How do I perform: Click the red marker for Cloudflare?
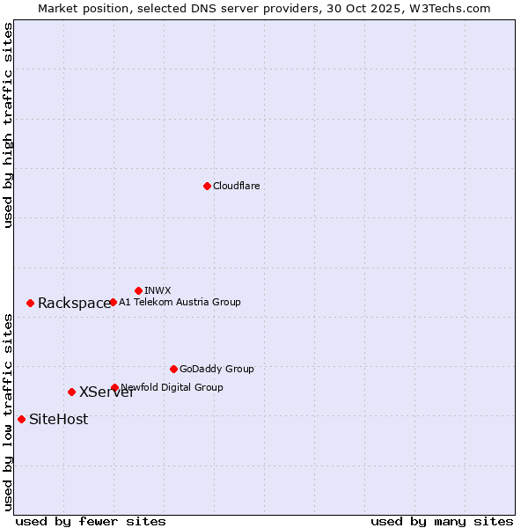click(x=207, y=186)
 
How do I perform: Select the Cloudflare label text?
click(x=236, y=186)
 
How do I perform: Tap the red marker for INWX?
click(x=138, y=290)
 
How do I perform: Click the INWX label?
click(x=158, y=290)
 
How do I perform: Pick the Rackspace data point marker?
click(x=30, y=303)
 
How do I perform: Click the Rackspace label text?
click(x=74, y=304)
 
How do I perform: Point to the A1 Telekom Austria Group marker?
click(x=113, y=302)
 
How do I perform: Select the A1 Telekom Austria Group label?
click(x=180, y=302)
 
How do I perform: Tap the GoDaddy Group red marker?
click(x=173, y=369)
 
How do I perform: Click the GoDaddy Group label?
click(x=216, y=369)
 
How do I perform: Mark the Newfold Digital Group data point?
click(x=114, y=387)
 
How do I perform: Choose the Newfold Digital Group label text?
click(x=172, y=387)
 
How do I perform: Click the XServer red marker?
click(x=71, y=392)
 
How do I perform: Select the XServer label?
click(x=106, y=392)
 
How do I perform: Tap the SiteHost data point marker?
click(x=21, y=419)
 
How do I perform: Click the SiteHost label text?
click(x=58, y=420)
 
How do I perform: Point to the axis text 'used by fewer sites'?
click(x=91, y=521)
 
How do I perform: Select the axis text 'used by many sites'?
click(x=442, y=521)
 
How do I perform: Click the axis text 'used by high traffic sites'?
click(x=8, y=126)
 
